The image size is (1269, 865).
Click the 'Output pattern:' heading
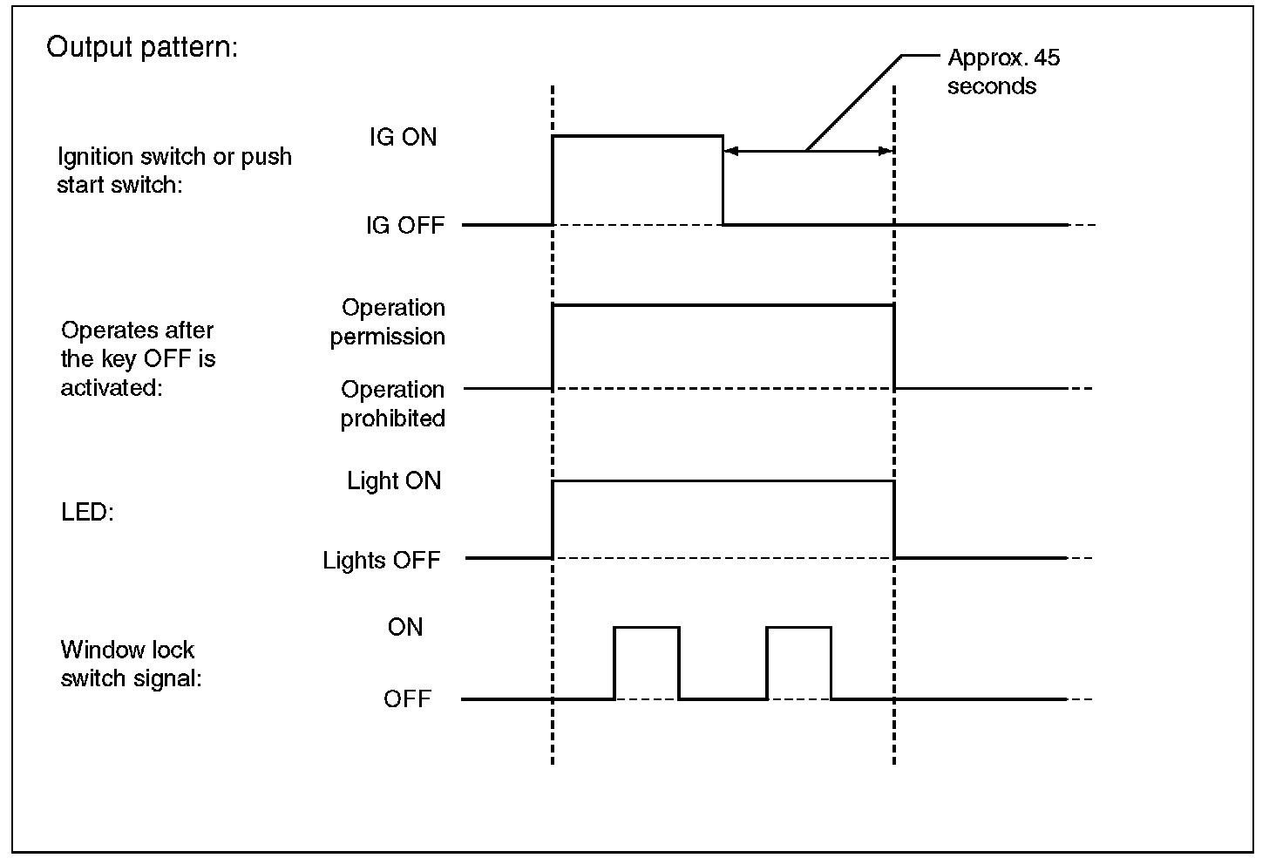[141, 47]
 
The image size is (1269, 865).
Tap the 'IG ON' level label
[403, 138]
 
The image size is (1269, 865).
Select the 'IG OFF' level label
[405, 226]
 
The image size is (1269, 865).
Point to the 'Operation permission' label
[389, 322]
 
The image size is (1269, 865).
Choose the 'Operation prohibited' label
[392, 404]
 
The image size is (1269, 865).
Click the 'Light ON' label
[394, 481]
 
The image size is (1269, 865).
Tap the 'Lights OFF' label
[382, 560]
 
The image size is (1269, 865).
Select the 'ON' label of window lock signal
[405, 627]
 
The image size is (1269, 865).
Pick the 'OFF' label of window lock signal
[407, 699]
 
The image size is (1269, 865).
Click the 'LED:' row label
[87, 512]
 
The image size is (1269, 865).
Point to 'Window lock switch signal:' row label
[131, 664]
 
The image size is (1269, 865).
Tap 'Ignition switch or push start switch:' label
[174, 170]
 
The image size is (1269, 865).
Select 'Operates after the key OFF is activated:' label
[138, 358]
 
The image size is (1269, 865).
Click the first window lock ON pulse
[647, 628]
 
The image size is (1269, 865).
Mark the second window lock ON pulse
[798, 628]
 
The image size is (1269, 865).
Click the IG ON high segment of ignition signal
[637, 136]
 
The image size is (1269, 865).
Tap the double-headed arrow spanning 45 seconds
[808, 152]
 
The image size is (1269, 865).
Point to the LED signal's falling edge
[894, 519]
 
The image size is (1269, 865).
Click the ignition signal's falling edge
[723, 180]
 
